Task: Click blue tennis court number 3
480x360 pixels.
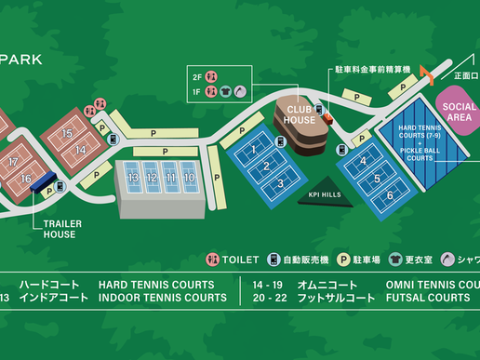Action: (x=278, y=183)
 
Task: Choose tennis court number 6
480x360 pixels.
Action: (x=390, y=195)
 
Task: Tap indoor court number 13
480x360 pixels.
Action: (x=133, y=177)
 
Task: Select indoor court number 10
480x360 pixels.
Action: (x=189, y=177)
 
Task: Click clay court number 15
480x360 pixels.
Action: (x=67, y=133)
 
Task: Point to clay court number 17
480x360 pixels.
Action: (x=12, y=162)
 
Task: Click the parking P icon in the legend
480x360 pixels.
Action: (x=342, y=260)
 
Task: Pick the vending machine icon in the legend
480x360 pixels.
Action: (x=274, y=260)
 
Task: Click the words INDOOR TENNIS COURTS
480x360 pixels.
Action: (x=162, y=298)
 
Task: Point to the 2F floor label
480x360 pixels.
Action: (x=196, y=76)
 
